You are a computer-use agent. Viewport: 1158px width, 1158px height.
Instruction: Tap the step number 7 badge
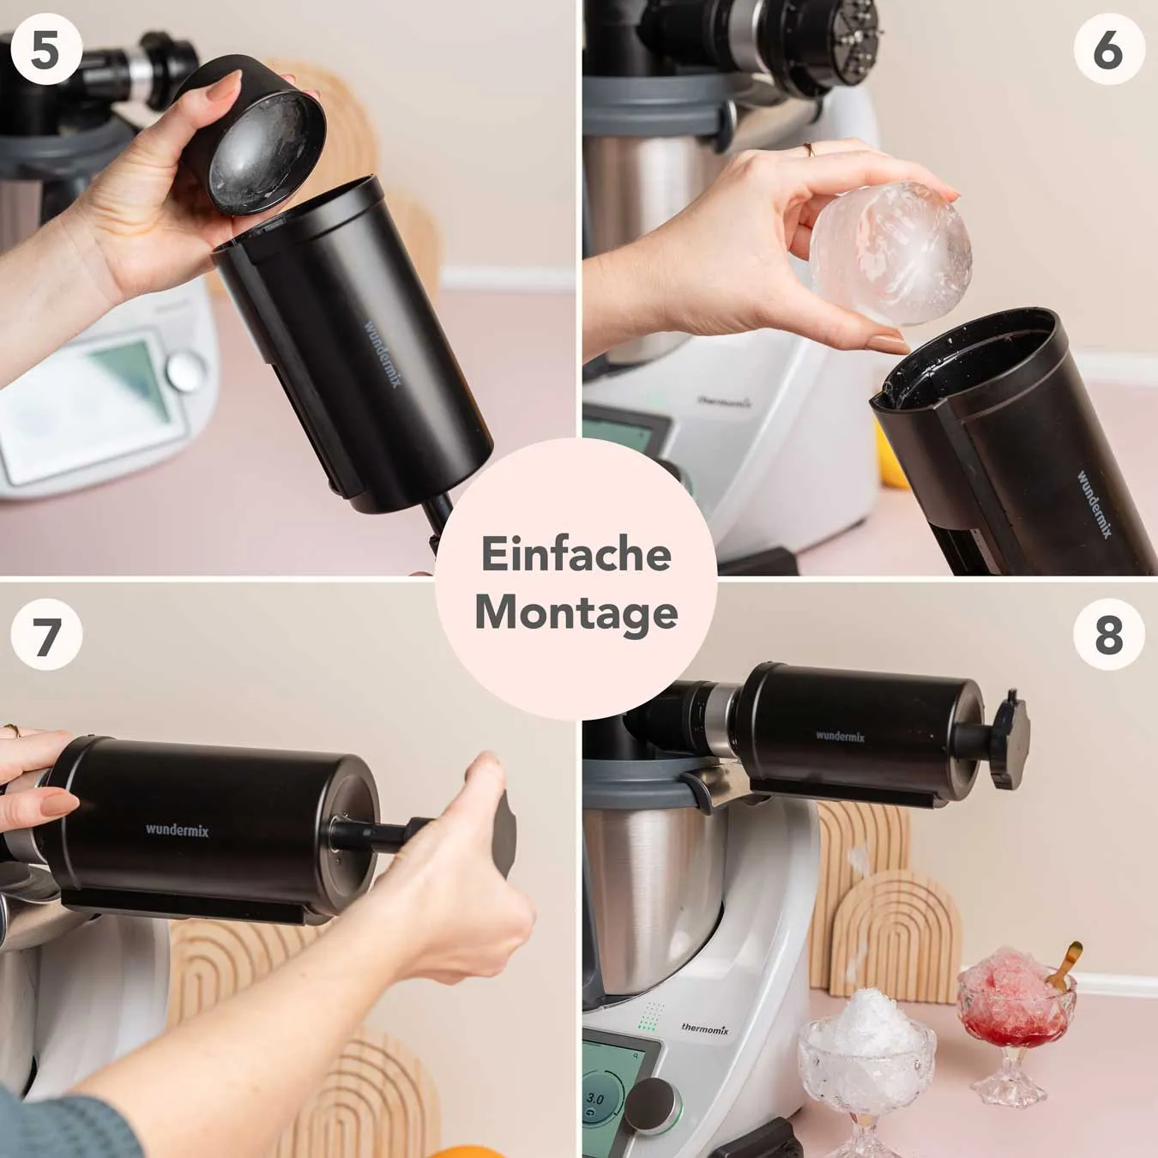click(45, 635)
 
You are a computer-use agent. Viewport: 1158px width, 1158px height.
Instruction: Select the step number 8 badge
click(1108, 635)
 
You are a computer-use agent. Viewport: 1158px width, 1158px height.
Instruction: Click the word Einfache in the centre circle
click(576, 553)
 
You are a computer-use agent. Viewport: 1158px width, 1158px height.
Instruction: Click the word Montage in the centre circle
click(576, 612)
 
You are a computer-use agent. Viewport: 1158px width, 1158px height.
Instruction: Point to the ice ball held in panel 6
click(891, 253)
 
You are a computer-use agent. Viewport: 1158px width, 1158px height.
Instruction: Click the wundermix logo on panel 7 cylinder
click(177, 829)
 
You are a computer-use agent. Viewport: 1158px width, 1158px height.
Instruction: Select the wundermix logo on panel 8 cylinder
click(840, 736)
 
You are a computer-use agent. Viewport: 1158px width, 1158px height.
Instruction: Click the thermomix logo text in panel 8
click(704, 1028)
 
